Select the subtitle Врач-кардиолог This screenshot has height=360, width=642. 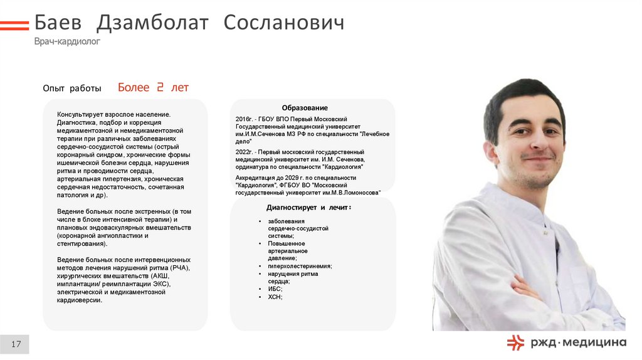point(67,41)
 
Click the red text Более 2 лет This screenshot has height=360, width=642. point(153,88)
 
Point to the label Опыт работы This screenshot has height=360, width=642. point(72,89)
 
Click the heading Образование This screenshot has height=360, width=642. point(305,108)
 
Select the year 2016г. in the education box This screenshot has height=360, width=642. point(245,119)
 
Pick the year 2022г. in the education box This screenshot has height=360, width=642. point(245,152)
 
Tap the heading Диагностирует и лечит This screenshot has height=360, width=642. point(308,207)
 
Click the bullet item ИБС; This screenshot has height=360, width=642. point(275,289)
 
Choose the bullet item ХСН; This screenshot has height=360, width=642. point(275,297)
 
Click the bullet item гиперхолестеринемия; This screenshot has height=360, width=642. point(300,266)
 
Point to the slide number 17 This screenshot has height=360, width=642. point(16,344)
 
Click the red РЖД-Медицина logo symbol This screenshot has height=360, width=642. point(515,342)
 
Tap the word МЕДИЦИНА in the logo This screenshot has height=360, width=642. point(596,342)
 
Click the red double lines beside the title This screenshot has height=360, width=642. point(14,26)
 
